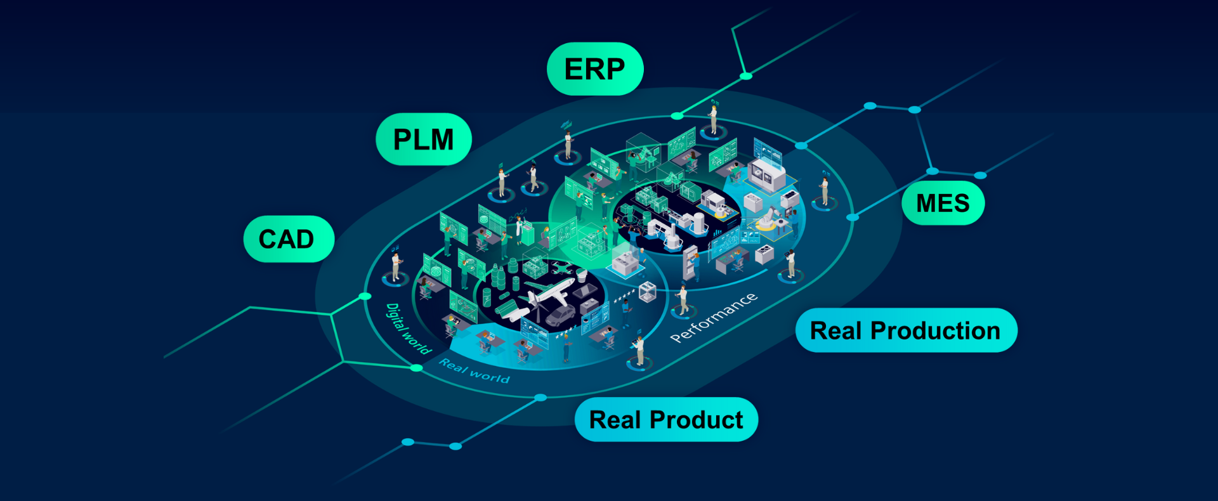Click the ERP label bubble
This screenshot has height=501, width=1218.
tap(594, 69)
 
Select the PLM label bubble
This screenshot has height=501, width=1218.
tap(423, 140)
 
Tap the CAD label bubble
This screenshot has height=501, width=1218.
tap(287, 239)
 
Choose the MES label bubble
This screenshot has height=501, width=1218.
tap(943, 203)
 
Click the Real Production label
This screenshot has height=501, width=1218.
tap(905, 330)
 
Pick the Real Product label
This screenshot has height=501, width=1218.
tap(666, 420)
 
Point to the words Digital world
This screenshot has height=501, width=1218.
tap(407, 329)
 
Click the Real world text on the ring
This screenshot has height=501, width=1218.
tap(474, 371)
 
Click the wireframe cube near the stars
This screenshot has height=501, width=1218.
tap(646, 291)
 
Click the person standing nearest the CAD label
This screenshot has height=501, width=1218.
tap(396, 266)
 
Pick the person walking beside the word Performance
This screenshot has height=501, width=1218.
tap(683, 300)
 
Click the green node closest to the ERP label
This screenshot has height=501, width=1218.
tap(677, 116)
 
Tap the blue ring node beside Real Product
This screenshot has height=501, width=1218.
tap(540, 398)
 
